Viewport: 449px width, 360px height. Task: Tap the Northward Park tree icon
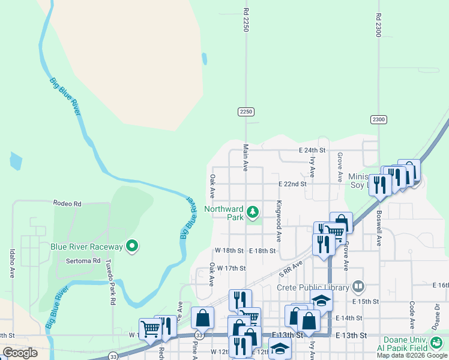pyautogui.click(x=253, y=211)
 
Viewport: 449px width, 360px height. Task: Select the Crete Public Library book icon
pyautogui.click(x=358, y=286)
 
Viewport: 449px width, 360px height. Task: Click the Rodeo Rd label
pyautogui.click(x=67, y=204)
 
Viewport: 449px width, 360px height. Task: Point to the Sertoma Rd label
pyautogui.click(x=83, y=261)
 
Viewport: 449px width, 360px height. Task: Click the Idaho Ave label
pyautogui.click(x=12, y=264)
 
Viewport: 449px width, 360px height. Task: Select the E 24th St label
pyautogui.click(x=312, y=150)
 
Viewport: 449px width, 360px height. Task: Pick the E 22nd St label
pyautogui.click(x=292, y=184)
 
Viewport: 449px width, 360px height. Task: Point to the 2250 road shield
pyautogui.click(x=246, y=112)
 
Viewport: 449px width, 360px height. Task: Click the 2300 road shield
pyautogui.click(x=378, y=119)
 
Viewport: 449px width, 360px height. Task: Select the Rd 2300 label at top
pyautogui.click(x=379, y=25)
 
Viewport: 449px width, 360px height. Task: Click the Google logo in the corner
pyautogui.click(x=20, y=353)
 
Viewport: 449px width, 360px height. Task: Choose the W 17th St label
pyautogui.click(x=232, y=268)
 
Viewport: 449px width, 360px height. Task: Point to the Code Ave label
pyautogui.click(x=412, y=316)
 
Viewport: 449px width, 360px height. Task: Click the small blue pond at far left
pyautogui.click(x=16, y=161)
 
